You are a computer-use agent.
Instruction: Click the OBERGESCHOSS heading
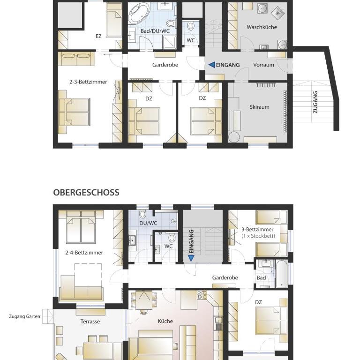pos(86,192)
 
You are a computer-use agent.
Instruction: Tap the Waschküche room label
pos(262,27)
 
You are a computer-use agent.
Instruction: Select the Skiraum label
pos(259,107)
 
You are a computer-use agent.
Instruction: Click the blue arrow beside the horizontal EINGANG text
pos(212,65)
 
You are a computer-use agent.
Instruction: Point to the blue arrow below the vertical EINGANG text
pos(191,259)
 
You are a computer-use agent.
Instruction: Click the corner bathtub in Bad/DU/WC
pos(138,13)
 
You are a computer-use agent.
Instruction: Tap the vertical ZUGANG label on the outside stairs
pos(315,102)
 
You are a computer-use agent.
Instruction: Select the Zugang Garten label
pos(24,316)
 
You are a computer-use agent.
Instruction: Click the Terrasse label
pos(90,322)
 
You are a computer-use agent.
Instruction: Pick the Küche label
pos(165,321)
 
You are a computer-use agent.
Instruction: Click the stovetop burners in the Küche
pos(202,295)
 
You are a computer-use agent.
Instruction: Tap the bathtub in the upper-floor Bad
pos(281,274)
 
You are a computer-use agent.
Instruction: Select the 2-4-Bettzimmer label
pos(84,253)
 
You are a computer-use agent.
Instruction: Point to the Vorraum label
pos(263,65)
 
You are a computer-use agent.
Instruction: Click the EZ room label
pos(98,36)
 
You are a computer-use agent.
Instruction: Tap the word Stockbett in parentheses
pos(262,236)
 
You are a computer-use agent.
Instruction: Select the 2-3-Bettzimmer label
pos(88,82)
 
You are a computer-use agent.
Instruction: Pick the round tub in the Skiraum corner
pos(234,137)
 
